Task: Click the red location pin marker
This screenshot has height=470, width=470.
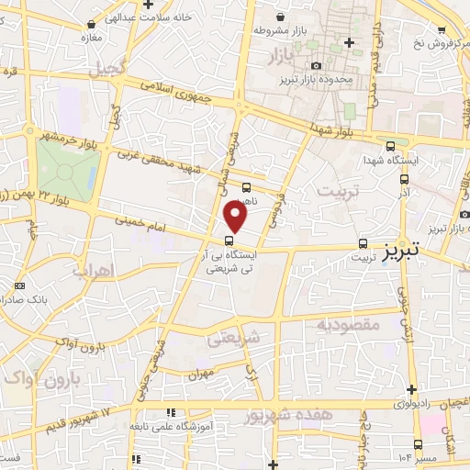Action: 236,216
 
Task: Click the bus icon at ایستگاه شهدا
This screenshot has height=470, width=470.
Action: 392,146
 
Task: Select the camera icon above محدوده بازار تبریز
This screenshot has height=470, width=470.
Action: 316,65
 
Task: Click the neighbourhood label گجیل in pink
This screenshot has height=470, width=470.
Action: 106,68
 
